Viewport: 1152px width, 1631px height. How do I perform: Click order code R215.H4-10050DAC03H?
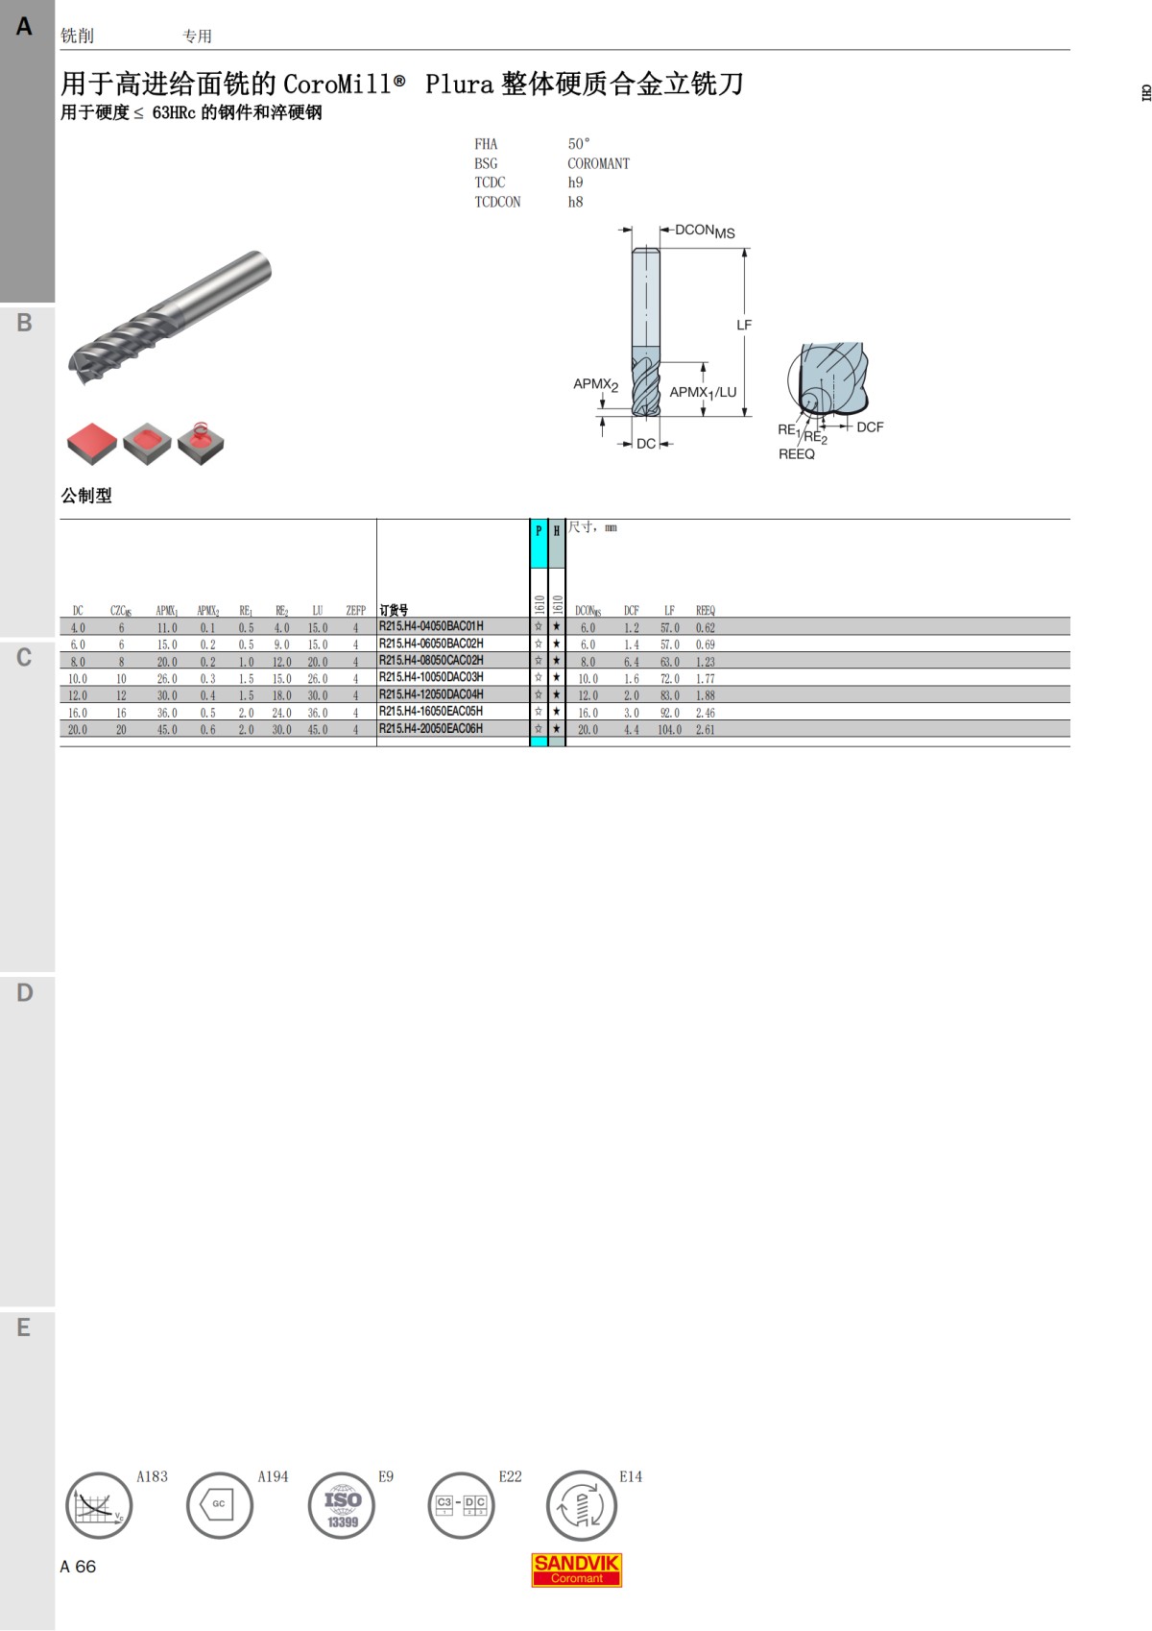pyautogui.click(x=431, y=677)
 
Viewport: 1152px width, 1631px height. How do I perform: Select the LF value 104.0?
pyautogui.click(x=669, y=730)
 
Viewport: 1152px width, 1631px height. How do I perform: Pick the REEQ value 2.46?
pyautogui.click(x=706, y=713)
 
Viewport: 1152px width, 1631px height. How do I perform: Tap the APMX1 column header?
pyautogui.click(x=167, y=611)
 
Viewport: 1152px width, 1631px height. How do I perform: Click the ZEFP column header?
pyautogui.click(x=356, y=611)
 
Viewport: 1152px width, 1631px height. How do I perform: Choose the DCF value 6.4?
pyautogui.click(x=631, y=662)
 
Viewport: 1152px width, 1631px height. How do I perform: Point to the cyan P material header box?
pyautogui.click(x=539, y=544)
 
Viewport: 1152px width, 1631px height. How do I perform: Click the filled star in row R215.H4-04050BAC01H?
pyautogui.click(x=557, y=627)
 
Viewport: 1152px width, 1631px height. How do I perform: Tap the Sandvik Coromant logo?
pyautogui.click(x=577, y=1570)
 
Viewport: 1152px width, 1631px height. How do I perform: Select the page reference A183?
pyautogui.click(x=152, y=1476)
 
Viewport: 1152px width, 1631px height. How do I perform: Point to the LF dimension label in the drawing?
pyautogui.click(x=744, y=326)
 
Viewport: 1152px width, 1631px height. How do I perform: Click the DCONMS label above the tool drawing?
pyautogui.click(x=705, y=231)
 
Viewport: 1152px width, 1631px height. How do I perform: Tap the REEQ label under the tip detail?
pyautogui.click(x=797, y=454)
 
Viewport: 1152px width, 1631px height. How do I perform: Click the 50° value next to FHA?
pyautogui.click(x=579, y=144)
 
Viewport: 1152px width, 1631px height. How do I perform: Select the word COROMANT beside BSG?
pyautogui.click(x=598, y=163)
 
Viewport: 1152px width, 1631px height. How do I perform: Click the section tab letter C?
pyautogui.click(x=24, y=658)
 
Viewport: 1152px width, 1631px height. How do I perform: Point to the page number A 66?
pyautogui.click(x=78, y=1567)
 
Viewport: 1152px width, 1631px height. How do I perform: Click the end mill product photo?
pyautogui.click(x=170, y=317)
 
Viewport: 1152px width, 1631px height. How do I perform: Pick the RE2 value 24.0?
pyautogui.click(x=281, y=713)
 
